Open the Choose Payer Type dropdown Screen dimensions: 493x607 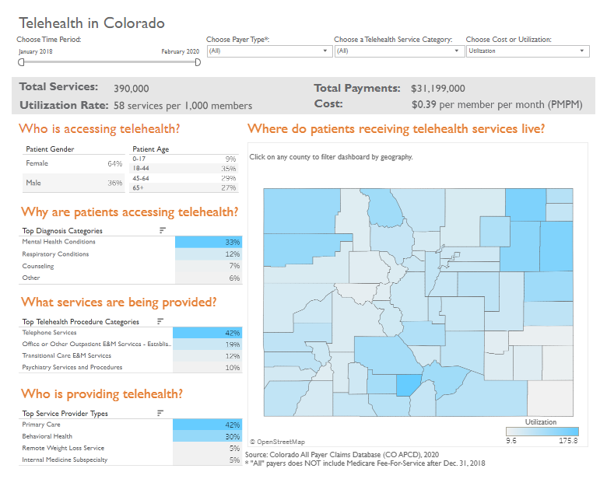(x=268, y=51)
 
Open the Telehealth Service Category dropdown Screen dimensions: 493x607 (x=397, y=51)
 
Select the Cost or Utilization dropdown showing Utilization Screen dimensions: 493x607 (x=527, y=51)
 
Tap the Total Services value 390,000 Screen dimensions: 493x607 (x=132, y=89)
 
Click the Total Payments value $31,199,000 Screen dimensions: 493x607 (x=438, y=89)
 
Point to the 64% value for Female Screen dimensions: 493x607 (x=115, y=164)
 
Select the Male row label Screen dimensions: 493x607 (x=33, y=183)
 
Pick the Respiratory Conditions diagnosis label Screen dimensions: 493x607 (x=55, y=254)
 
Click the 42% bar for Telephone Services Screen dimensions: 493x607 (x=207, y=333)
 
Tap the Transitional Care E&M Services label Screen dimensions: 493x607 (x=66, y=356)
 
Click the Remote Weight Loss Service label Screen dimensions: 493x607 (x=63, y=448)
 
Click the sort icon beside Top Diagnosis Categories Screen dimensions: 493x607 (x=163, y=230)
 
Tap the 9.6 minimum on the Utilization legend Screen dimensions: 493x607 (x=511, y=441)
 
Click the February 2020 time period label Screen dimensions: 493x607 (x=180, y=51)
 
